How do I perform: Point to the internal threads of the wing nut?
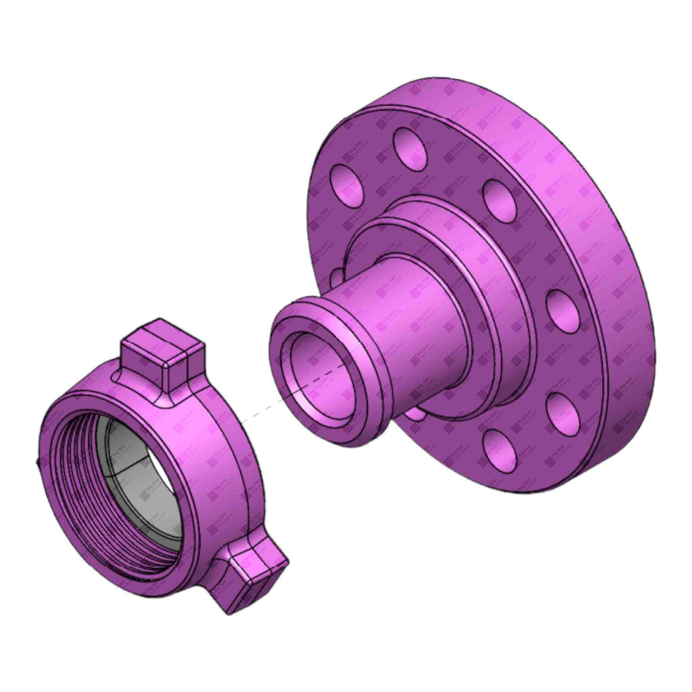(x=74, y=456)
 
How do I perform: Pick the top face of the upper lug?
(x=165, y=341)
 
